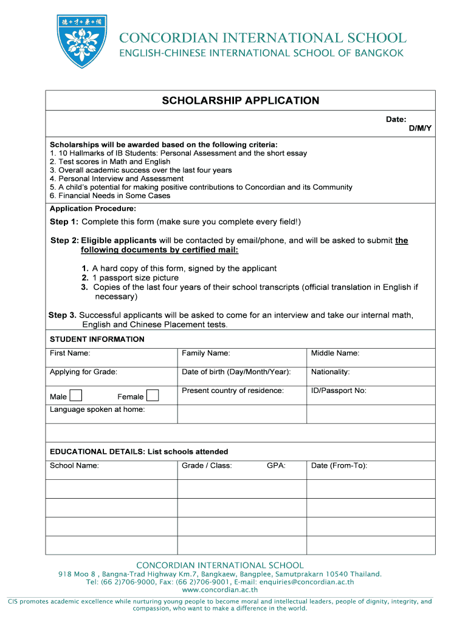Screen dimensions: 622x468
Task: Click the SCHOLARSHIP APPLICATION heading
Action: [240, 101]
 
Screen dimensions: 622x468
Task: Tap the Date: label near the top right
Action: [396, 120]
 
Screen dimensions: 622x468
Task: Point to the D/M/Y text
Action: [419, 129]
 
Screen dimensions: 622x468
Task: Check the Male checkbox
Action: [76, 396]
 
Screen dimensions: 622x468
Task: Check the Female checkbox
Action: [153, 396]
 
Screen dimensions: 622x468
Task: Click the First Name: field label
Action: [70, 354]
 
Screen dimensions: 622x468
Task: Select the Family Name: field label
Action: [205, 354]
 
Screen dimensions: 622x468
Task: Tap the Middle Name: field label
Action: [335, 354]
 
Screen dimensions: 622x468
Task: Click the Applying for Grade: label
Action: [83, 372]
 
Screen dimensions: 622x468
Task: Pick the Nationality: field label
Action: [330, 372]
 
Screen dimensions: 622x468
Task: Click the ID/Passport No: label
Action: [339, 391]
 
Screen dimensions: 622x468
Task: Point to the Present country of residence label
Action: [233, 391]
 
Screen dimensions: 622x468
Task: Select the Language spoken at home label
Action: [97, 409]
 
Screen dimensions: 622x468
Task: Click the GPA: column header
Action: [276, 466]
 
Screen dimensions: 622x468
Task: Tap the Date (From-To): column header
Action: [339, 466]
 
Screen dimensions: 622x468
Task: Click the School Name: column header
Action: [74, 466]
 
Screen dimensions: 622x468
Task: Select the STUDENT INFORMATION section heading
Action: [97, 339]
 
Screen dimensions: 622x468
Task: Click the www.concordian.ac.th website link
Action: [220, 589]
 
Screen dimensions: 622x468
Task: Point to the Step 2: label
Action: [64, 241]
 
